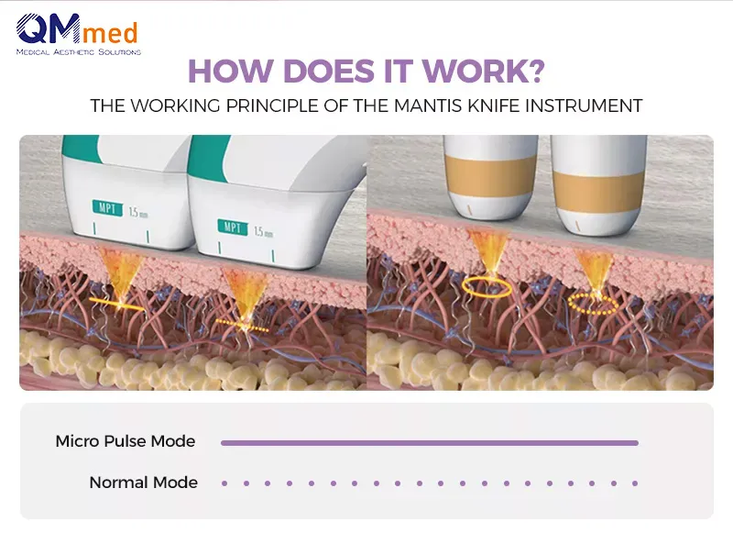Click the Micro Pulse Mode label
pyautogui.click(x=126, y=441)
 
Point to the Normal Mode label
pyautogui.click(x=143, y=482)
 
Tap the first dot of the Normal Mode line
pyautogui.click(x=224, y=483)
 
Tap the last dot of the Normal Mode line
pyautogui.click(x=635, y=483)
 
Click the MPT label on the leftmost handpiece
pyautogui.click(x=106, y=207)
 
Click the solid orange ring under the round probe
pyautogui.click(x=487, y=287)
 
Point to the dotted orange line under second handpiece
pyautogui.click(x=243, y=326)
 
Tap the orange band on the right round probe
pyautogui.click(x=599, y=186)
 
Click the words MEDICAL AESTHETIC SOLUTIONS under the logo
pyautogui.click(x=79, y=52)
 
